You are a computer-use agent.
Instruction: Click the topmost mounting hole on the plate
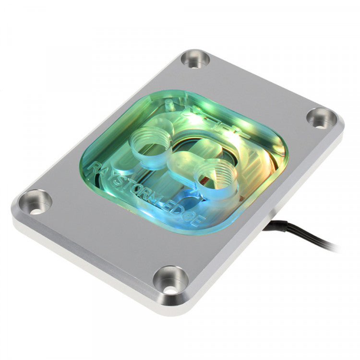[195, 60]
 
